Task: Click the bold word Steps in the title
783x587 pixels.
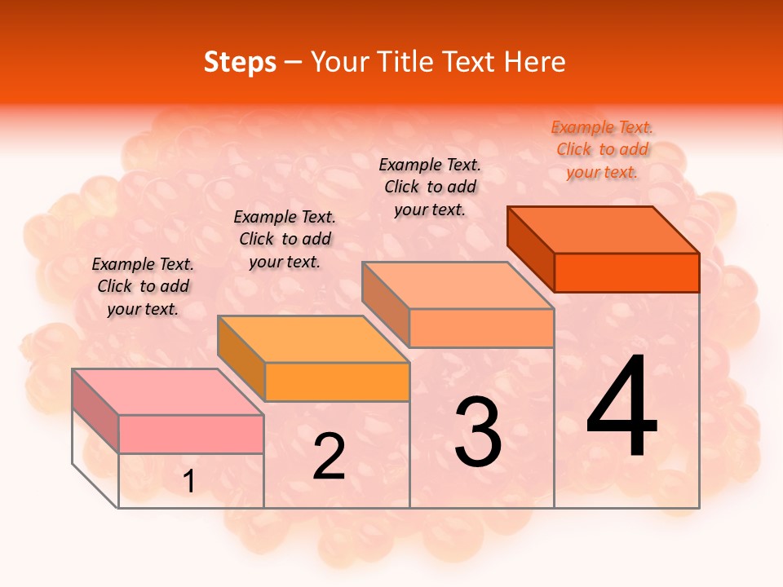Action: click(240, 62)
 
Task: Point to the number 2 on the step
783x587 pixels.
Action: click(329, 457)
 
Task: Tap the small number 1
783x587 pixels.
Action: click(189, 482)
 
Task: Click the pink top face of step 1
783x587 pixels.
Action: click(168, 392)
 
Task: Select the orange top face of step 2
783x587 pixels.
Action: click(313, 339)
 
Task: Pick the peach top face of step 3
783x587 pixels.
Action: click(458, 285)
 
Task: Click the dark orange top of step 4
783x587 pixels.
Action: click(604, 230)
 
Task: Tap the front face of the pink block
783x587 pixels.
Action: click(191, 434)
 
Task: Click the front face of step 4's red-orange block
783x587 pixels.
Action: click(626, 272)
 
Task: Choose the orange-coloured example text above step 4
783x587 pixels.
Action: click(602, 150)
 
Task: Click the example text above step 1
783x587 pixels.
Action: click(143, 286)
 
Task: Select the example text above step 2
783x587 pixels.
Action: click(285, 239)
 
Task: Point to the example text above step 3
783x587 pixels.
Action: click(430, 187)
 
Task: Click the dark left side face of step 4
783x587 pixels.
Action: click(530, 249)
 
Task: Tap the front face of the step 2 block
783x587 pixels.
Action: click(337, 382)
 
